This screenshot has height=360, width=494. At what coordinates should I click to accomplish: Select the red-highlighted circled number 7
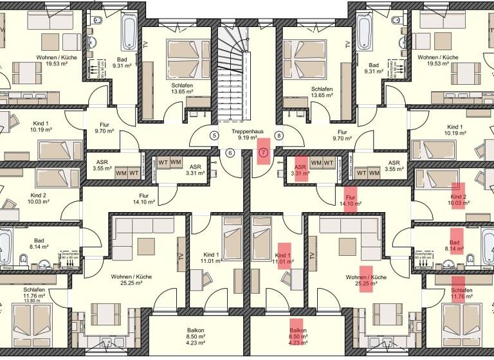[262, 153]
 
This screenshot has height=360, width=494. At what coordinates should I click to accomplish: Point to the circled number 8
[279, 136]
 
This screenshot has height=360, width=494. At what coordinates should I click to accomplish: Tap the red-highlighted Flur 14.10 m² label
[351, 200]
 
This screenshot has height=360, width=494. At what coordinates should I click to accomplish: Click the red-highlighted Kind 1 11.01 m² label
[284, 258]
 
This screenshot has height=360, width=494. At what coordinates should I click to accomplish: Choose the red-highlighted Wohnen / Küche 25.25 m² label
[365, 280]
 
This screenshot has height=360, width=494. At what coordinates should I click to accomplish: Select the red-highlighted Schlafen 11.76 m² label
[457, 292]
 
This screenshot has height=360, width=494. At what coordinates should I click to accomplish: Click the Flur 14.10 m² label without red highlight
[144, 199]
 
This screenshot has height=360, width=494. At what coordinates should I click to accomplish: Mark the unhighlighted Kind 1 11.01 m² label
[210, 258]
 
